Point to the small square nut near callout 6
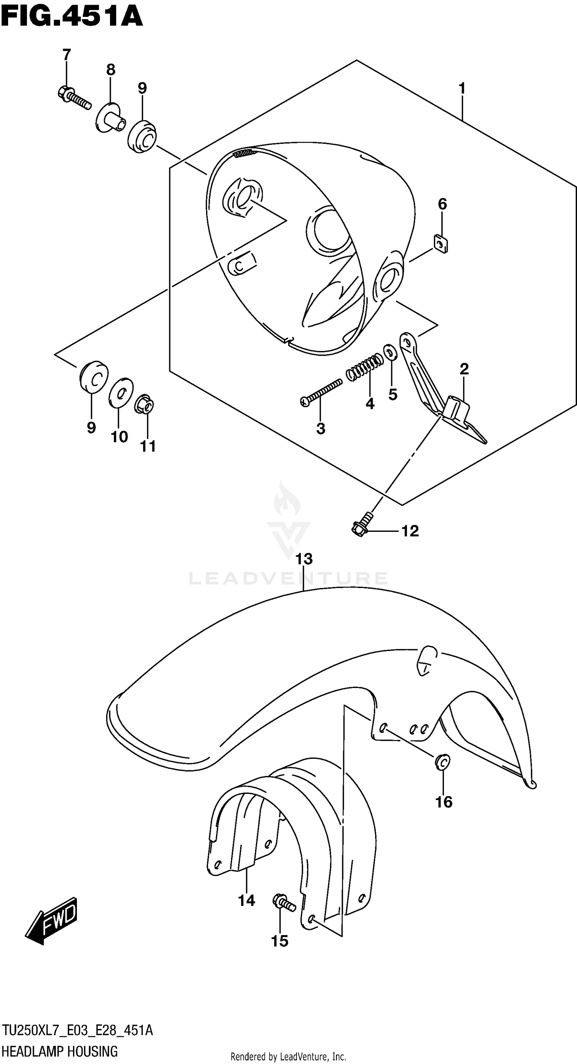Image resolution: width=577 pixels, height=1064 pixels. click(441, 244)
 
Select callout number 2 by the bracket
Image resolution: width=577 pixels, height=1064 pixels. click(464, 369)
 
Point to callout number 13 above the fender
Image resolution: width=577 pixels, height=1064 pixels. click(304, 559)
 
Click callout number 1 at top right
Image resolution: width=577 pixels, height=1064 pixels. click(462, 88)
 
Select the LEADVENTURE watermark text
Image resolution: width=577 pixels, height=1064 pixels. click(288, 578)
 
